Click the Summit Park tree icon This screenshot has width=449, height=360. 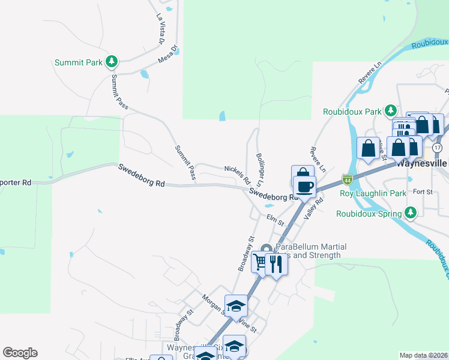click(x=111, y=61)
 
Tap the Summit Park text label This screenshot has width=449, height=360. click(x=78, y=62)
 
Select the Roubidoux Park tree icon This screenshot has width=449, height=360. click(x=391, y=111)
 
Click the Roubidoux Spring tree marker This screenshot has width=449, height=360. click(x=411, y=212)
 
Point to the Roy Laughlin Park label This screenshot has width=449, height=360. click(x=373, y=193)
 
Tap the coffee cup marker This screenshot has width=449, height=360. click(x=305, y=186)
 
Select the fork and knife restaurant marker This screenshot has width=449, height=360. click(x=276, y=264)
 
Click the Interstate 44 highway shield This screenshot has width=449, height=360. click(x=347, y=179)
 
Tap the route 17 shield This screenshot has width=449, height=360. click(x=437, y=147)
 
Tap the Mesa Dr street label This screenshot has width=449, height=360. click(x=169, y=55)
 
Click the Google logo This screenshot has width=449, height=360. click(x=20, y=353)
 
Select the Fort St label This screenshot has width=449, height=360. click(x=423, y=192)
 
